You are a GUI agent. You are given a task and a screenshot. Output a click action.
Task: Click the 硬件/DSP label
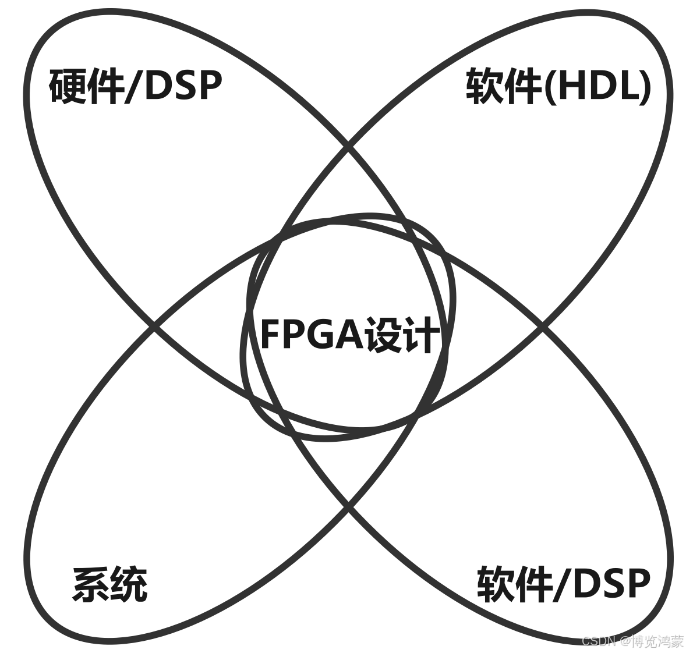(x=135, y=86)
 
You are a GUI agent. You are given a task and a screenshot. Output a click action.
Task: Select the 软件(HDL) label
(x=558, y=87)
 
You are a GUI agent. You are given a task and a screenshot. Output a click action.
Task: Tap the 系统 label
(x=109, y=584)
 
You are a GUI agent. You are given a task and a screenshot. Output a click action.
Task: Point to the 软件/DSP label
(x=563, y=584)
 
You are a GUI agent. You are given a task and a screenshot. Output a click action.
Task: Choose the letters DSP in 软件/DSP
(x=610, y=584)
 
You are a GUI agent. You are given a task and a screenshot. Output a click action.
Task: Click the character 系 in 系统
(x=91, y=584)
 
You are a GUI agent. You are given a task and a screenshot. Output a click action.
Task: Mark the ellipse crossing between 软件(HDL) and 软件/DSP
(x=543, y=327)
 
